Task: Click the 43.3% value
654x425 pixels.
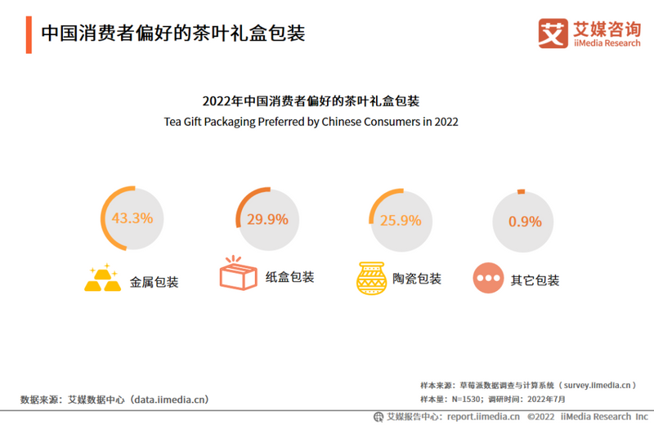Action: point(132,218)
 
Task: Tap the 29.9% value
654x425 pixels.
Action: point(267,219)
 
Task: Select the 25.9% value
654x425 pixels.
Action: point(401,220)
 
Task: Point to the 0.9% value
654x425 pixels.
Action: point(525,221)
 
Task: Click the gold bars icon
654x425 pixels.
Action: point(102,278)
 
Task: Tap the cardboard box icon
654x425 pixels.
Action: point(238,275)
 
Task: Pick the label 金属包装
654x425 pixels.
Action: point(154,282)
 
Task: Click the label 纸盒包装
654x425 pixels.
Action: point(289,277)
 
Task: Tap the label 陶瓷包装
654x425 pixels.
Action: point(417,279)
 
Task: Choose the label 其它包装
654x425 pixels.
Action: point(535,280)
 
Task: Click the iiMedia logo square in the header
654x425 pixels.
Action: point(553,33)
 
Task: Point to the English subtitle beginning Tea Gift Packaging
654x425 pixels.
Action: point(311,122)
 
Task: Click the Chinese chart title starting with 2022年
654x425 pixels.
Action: point(311,102)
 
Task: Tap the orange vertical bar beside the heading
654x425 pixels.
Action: point(29,34)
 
